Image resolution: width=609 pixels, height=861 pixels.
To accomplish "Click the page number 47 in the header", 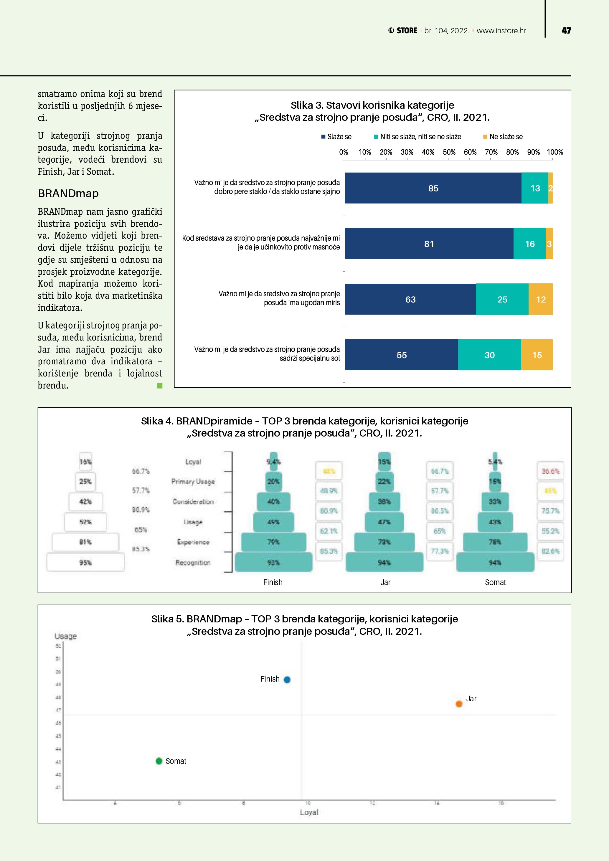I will click(x=566, y=31).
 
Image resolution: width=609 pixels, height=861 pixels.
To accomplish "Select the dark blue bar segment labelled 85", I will click(x=433, y=188).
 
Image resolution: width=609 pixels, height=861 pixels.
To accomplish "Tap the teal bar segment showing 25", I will click(x=502, y=299).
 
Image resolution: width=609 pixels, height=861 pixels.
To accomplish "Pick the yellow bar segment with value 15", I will click(x=537, y=355).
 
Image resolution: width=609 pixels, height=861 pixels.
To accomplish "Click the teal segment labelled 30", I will click(x=489, y=355).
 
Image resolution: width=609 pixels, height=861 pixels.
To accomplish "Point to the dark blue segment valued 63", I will click(x=410, y=299).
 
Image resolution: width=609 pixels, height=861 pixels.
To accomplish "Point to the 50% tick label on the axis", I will click(x=449, y=152).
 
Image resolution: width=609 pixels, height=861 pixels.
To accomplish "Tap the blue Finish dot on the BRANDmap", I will click(x=287, y=680).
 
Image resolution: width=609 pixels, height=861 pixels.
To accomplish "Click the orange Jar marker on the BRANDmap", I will click(x=459, y=703).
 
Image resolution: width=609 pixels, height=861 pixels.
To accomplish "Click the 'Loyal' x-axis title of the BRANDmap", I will click(x=309, y=812).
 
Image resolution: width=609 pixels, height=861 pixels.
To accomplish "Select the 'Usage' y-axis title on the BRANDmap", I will click(x=66, y=636).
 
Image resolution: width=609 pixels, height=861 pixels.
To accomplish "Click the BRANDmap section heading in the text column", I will click(x=68, y=194).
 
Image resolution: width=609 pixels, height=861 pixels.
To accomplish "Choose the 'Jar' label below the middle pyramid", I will click(x=385, y=582).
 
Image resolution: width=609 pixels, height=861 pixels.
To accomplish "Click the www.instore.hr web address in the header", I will click(x=501, y=31).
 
